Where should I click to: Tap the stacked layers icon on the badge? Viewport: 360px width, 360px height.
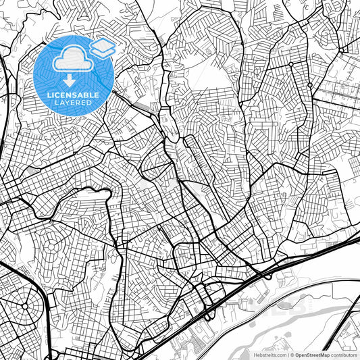click(x=102, y=48)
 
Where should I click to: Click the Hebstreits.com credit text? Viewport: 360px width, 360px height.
click(x=268, y=355)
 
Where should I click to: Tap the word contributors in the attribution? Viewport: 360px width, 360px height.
click(x=344, y=355)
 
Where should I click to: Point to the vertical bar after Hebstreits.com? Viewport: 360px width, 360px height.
click(x=288, y=355)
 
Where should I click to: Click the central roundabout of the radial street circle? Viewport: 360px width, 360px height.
click(x=26, y=306)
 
